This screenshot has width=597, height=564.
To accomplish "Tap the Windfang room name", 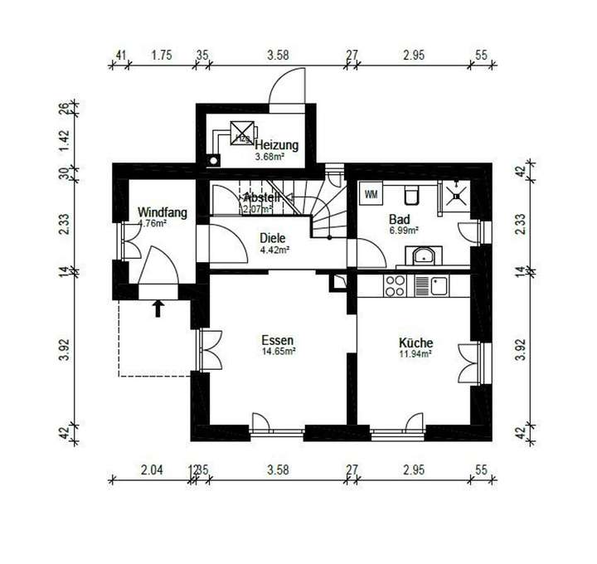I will click(162, 212).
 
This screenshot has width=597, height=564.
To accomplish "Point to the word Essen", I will click(278, 341).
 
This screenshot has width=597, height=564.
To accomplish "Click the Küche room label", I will click(415, 343).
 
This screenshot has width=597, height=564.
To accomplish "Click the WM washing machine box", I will click(369, 194).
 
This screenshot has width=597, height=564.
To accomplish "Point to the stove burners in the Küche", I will click(394, 286).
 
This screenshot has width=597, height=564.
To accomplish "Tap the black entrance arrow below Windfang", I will click(158, 309).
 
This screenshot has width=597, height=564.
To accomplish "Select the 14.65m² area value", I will click(279, 352).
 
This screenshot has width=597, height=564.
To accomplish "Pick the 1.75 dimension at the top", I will click(161, 56).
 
